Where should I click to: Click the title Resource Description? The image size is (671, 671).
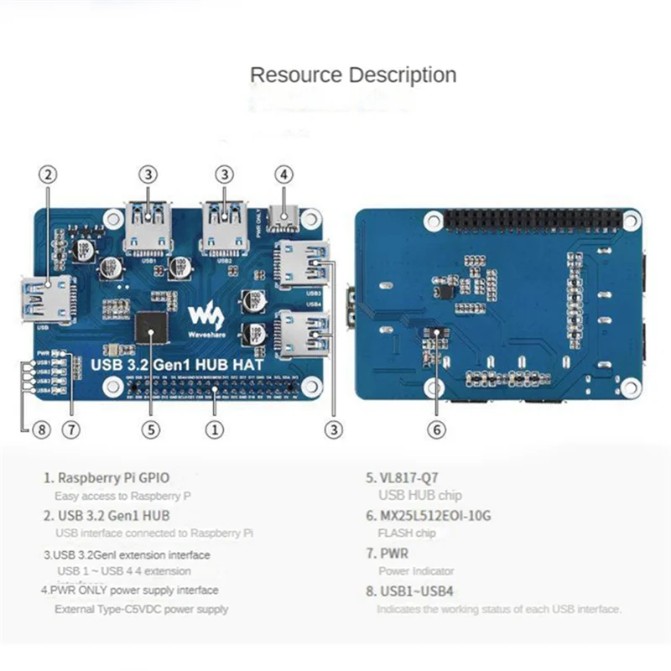coord(353,75)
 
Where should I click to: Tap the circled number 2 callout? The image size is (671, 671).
coord(48,174)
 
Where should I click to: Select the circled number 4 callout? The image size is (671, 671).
coord(285,174)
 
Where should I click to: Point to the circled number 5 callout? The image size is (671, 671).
coord(150,429)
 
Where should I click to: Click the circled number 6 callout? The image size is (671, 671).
coord(436,429)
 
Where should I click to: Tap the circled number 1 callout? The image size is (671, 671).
coord(216,429)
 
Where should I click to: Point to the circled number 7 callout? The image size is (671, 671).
coord(71,429)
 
